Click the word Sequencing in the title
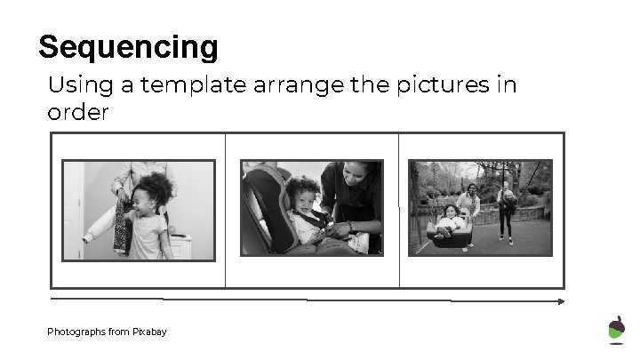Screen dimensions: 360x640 tap(128, 46)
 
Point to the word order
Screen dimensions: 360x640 tap(77, 113)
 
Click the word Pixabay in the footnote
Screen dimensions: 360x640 tap(149, 332)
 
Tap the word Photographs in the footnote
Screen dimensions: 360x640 tap(76, 332)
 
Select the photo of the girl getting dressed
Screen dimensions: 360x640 tap(138, 210)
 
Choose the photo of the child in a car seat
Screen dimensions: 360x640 tap(312, 208)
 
